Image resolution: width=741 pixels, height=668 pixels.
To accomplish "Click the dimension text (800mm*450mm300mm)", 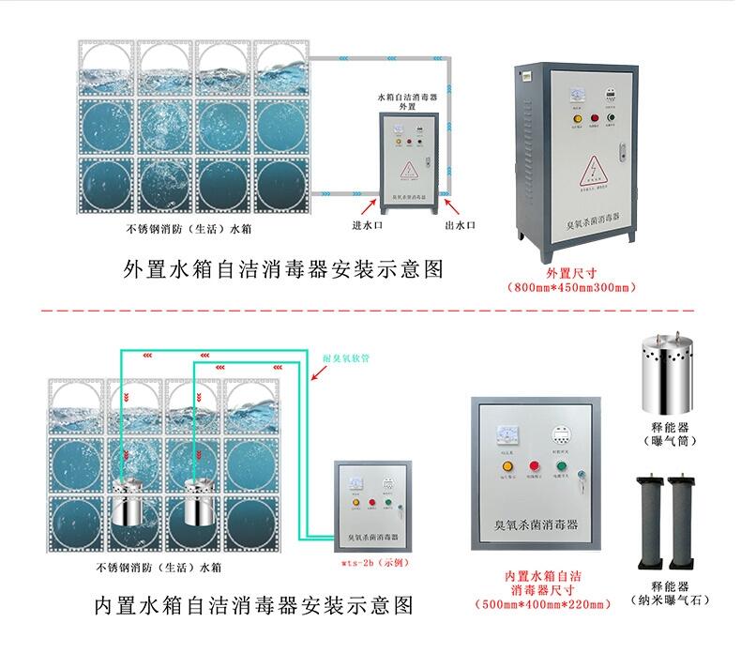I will [570, 286].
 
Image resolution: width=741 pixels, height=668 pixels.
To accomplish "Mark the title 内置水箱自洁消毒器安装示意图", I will [254, 604].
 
